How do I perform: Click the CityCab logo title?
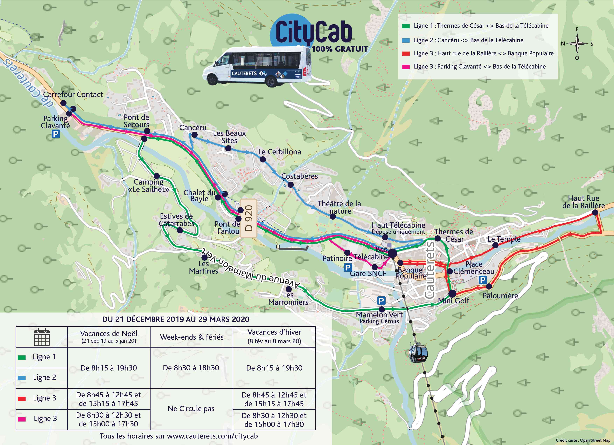(x=314, y=33)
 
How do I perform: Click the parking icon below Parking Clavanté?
(x=56, y=134)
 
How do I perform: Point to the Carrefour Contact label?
(x=73, y=95)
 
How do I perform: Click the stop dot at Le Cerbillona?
(x=263, y=159)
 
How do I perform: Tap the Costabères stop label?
(x=299, y=176)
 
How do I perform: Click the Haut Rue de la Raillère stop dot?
(x=595, y=212)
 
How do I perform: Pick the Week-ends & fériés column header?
(x=192, y=337)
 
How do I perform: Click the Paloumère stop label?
(x=500, y=296)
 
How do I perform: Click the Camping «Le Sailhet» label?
(x=148, y=186)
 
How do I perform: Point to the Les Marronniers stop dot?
(x=289, y=289)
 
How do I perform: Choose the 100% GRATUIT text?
(x=340, y=49)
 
